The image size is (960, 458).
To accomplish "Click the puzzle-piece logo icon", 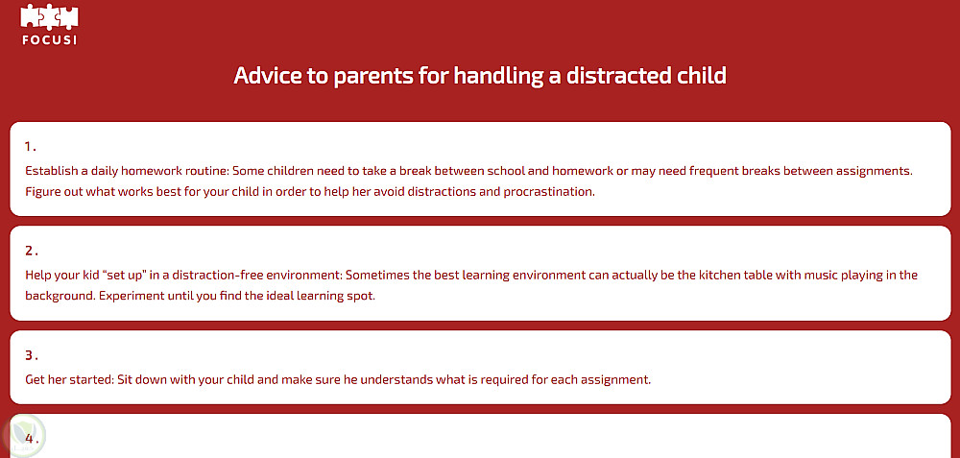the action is pos(49,17).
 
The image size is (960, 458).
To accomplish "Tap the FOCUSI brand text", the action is pos(49,40).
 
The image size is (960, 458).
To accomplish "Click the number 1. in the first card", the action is pos(31,146).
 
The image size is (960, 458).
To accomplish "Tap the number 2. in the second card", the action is pos(32,251).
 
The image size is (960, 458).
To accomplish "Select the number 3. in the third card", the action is pos(32,355).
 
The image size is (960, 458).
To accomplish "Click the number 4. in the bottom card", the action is pos(32,439).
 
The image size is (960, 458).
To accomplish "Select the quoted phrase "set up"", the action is pos(129,275).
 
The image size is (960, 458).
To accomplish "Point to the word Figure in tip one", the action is pos(43,192).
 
